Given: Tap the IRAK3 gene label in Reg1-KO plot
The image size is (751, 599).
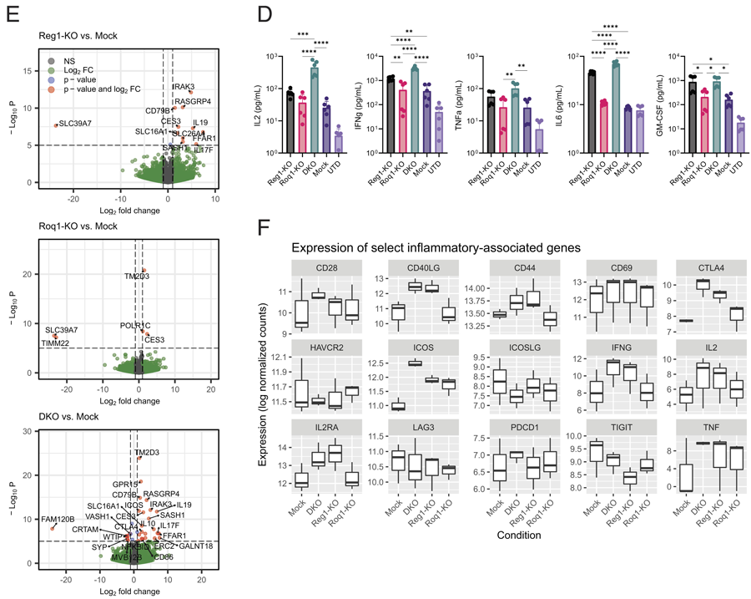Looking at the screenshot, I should [x=184, y=87].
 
